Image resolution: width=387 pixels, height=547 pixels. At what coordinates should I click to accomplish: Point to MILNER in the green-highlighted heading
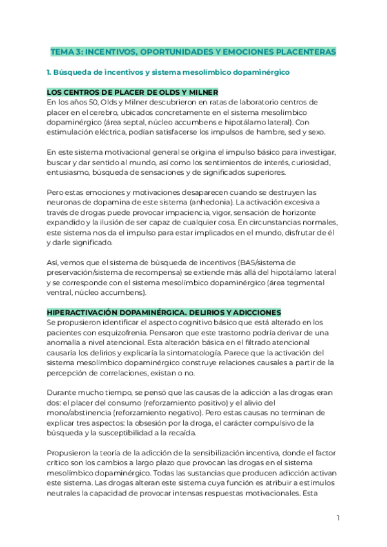[201, 92]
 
